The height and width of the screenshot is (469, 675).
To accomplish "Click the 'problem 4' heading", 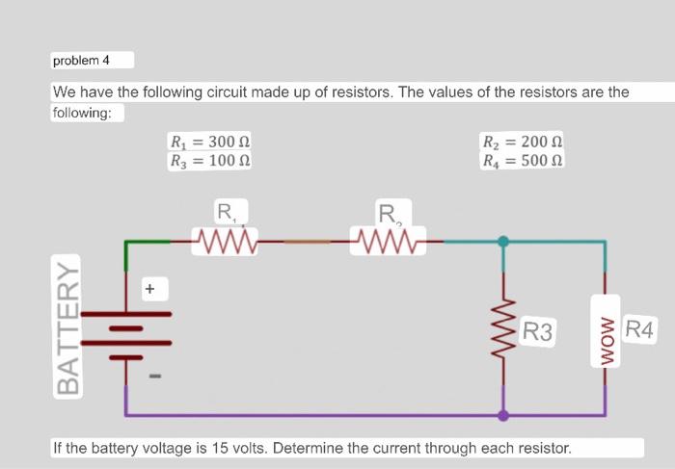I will (x=82, y=61).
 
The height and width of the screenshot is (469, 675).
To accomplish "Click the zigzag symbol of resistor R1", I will (x=224, y=238).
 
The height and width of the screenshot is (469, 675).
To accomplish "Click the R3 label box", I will (x=537, y=333).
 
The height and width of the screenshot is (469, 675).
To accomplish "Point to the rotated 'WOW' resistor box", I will (x=606, y=330).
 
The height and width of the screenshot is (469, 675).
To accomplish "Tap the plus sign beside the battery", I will (x=150, y=287).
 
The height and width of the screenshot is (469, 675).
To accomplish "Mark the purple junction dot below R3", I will (x=503, y=416).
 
